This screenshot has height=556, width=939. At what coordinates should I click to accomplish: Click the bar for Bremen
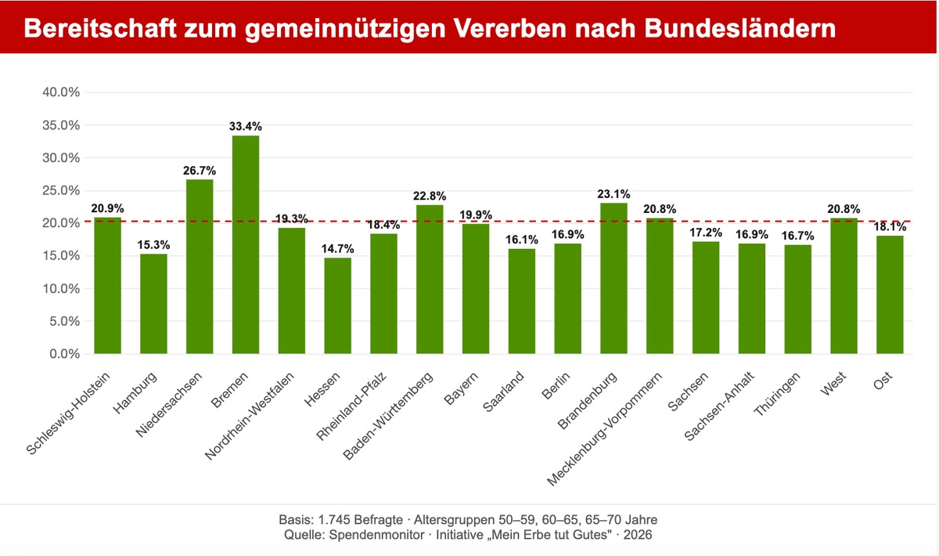click(x=246, y=244)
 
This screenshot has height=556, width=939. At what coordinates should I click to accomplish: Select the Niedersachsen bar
click(x=200, y=266)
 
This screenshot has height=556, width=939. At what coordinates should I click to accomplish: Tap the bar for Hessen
click(x=337, y=305)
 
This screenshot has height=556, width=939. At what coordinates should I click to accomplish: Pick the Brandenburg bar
click(x=613, y=278)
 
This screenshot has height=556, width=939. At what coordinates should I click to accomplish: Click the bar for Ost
click(x=890, y=294)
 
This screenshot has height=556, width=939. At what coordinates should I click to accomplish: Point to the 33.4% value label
click(x=246, y=126)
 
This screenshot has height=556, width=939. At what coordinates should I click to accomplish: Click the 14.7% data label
click(x=337, y=249)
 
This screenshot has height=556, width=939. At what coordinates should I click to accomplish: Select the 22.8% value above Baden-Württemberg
click(x=430, y=196)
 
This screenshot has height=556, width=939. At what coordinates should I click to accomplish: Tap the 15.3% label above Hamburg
click(x=153, y=245)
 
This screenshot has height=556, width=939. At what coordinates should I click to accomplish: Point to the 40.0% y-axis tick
click(x=61, y=92)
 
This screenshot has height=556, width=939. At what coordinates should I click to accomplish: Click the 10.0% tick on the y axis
click(x=61, y=288)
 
